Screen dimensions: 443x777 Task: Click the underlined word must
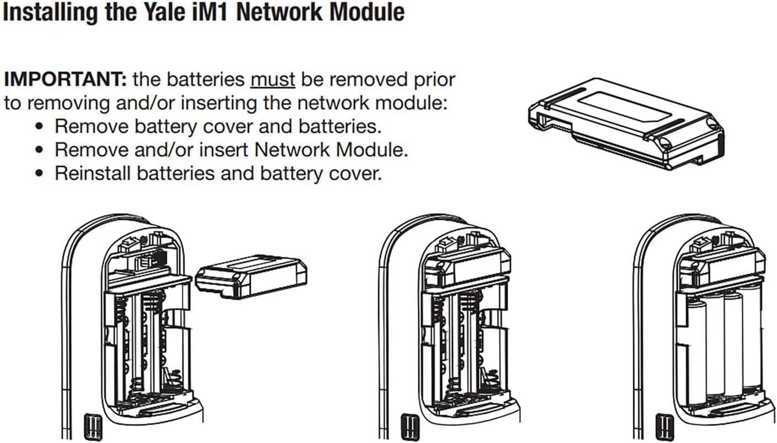coord(273,79)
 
